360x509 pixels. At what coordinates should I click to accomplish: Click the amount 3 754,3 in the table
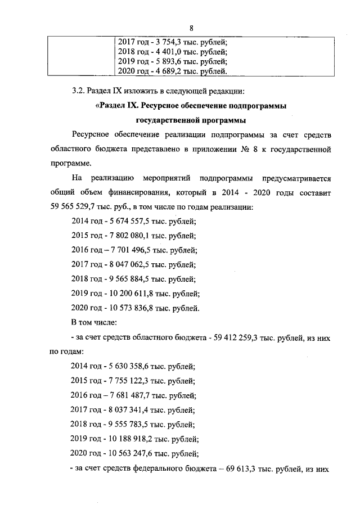(168, 41)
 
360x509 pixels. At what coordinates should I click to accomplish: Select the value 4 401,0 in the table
(168, 51)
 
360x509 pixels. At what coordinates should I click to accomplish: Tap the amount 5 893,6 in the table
(168, 61)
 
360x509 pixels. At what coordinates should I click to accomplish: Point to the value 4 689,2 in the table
(168, 71)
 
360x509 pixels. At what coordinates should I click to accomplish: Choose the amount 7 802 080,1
(133, 236)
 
